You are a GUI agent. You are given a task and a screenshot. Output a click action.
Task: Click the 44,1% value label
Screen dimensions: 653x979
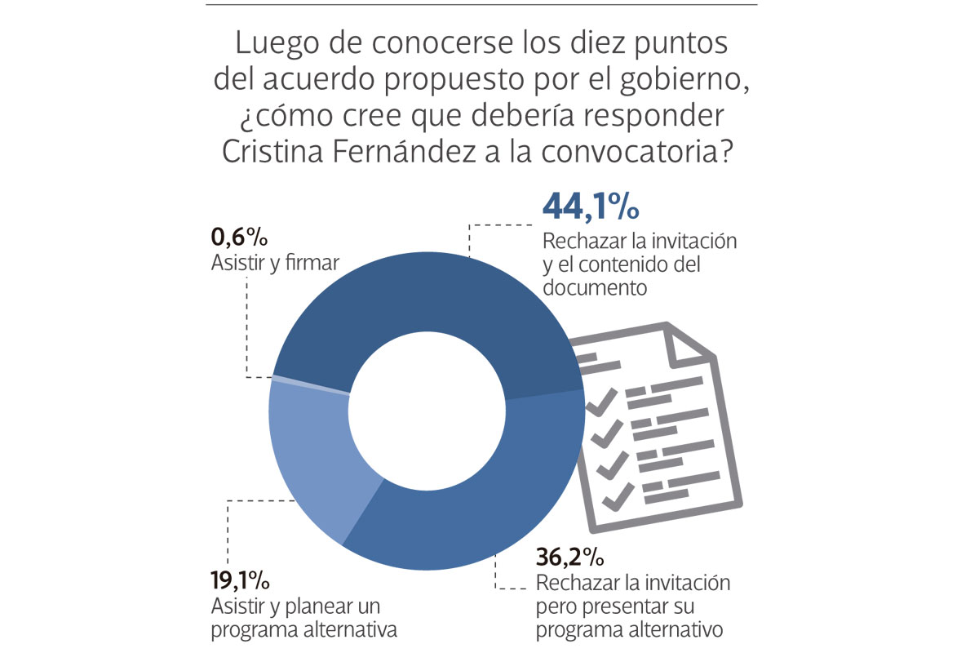point(591,208)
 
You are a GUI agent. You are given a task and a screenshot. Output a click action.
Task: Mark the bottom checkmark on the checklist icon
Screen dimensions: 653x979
point(616,494)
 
